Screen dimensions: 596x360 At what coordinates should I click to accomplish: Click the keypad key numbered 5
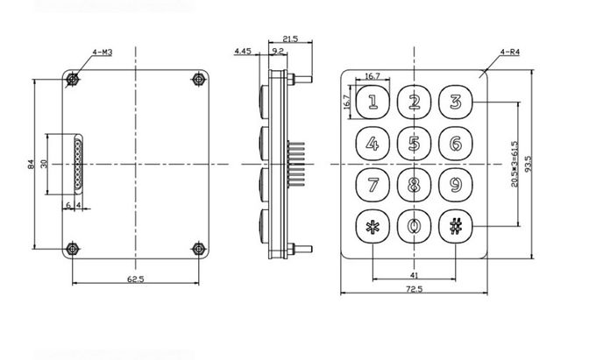click(x=414, y=143)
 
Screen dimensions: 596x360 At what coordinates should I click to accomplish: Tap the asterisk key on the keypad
click(x=372, y=227)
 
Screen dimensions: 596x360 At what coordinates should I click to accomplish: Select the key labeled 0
click(x=414, y=227)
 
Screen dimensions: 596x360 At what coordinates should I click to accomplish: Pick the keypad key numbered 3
click(x=456, y=102)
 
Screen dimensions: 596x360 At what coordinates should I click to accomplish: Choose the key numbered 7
click(x=372, y=185)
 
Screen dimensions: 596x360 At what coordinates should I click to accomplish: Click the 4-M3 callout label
click(x=103, y=52)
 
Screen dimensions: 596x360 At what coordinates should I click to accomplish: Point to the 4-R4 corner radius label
click(x=510, y=52)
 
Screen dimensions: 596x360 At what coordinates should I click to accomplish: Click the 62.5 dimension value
click(x=135, y=279)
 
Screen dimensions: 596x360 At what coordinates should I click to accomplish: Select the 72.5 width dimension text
click(x=414, y=289)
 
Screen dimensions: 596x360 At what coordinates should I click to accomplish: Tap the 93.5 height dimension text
click(x=529, y=164)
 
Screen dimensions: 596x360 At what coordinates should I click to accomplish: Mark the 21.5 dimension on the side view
click(x=290, y=39)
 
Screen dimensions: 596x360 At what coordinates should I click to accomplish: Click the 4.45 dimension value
click(x=243, y=51)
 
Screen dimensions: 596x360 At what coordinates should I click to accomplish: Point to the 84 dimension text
click(x=32, y=164)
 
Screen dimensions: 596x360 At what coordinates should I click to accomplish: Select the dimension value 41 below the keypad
click(x=415, y=275)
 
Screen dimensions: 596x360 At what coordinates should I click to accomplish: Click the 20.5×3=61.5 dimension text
click(x=514, y=164)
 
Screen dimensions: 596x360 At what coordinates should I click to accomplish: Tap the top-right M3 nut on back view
click(x=198, y=80)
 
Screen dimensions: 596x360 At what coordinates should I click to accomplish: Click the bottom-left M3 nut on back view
click(x=72, y=249)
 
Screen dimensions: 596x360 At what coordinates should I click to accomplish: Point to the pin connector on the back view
click(x=78, y=164)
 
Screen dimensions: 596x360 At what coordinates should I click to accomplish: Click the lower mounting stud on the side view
click(x=300, y=249)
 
